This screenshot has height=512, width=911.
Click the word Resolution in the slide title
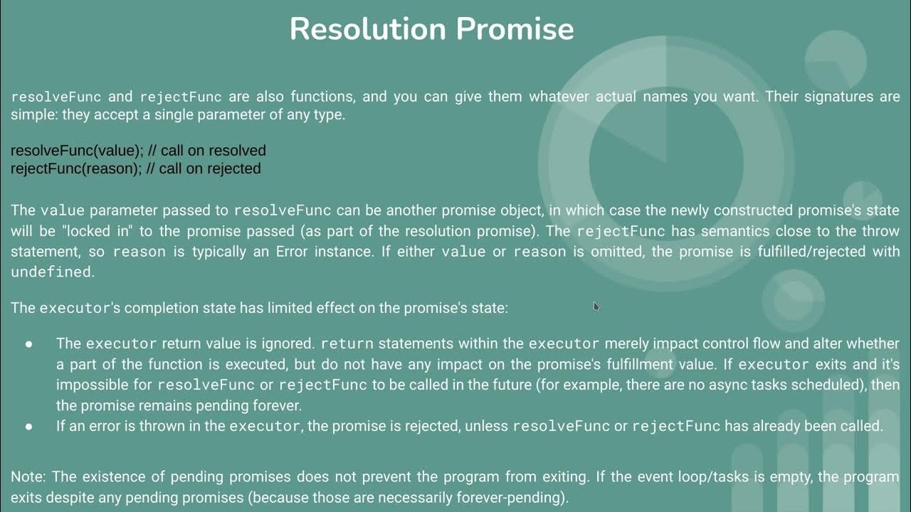click(x=368, y=29)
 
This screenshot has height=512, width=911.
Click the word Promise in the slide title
click(x=515, y=29)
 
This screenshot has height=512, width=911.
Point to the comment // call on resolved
click(x=207, y=151)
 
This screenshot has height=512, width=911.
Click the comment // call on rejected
click(x=205, y=169)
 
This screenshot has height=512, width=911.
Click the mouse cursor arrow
click(x=596, y=306)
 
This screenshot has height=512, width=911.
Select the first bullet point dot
click(x=29, y=344)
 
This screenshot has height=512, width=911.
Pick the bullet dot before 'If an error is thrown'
click(x=29, y=427)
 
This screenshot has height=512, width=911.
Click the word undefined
click(x=51, y=272)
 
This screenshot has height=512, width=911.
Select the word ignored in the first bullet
click(x=290, y=343)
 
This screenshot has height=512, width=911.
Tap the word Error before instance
click(x=293, y=252)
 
